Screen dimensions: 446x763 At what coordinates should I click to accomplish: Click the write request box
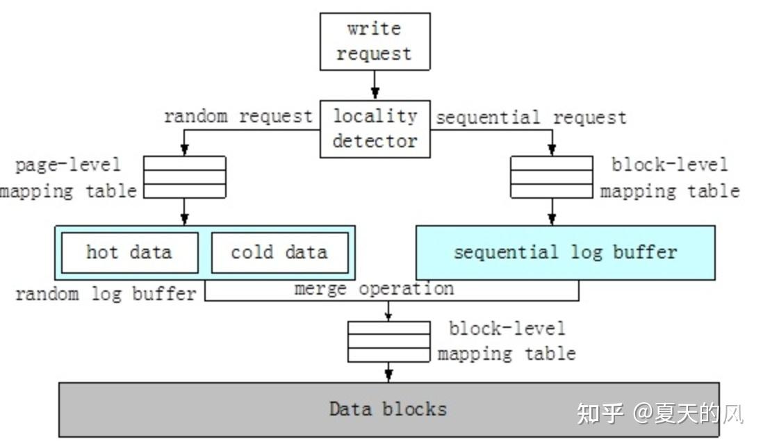(x=375, y=41)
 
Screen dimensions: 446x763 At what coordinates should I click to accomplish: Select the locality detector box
(x=375, y=129)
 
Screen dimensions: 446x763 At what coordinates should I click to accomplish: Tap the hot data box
(x=129, y=252)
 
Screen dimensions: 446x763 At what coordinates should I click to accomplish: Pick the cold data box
(x=279, y=252)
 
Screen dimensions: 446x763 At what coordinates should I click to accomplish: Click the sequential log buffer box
(x=565, y=252)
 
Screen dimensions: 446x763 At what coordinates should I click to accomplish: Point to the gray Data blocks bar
(x=388, y=409)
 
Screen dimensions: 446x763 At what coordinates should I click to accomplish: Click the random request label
(x=238, y=116)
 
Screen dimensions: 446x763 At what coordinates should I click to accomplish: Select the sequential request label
(x=531, y=117)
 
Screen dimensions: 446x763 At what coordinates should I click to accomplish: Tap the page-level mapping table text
(x=68, y=178)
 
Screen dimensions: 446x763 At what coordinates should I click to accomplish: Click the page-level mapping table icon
(x=185, y=177)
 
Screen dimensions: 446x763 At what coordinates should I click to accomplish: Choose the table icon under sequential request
(x=552, y=177)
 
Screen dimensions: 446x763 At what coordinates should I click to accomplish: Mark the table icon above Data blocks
(x=388, y=341)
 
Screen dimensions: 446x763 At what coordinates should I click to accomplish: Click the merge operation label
(x=374, y=288)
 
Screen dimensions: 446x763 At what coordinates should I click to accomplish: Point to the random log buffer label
(x=106, y=294)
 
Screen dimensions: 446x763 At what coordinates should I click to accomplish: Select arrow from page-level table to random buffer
(x=185, y=212)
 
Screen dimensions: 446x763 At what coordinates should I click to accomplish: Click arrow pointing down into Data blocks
(x=388, y=372)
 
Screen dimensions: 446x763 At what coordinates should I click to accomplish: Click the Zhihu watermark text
(x=659, y=413)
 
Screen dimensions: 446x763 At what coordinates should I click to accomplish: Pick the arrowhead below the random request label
(x=185, y=149)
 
